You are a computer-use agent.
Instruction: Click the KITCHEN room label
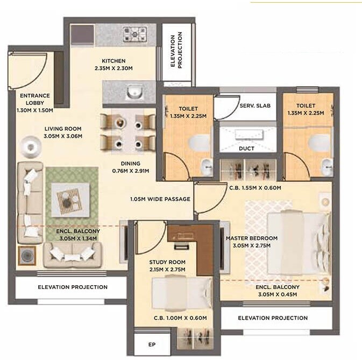click(x=113, y=61)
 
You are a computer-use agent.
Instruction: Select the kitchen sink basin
click(x=134, y=93)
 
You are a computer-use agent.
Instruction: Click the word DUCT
click(x=246, y=149)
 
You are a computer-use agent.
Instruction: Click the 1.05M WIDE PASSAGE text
click(x=160, y=199)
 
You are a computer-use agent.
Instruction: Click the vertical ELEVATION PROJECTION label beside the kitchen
click(x=176, y=50)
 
